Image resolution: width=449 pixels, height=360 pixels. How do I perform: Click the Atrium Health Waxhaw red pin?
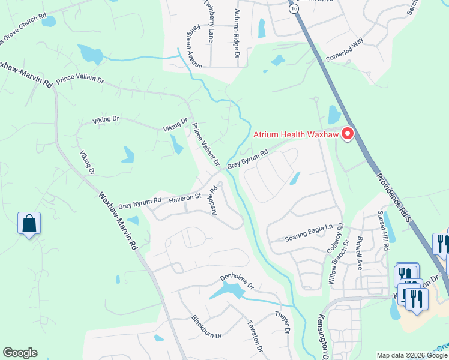(x=346, y=134)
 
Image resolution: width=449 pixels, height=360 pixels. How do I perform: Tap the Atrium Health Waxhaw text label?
(x=296, y=134)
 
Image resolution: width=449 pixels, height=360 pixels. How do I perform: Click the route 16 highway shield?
(x=293, y=9)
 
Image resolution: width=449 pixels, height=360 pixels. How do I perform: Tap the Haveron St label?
(x=185, y=197)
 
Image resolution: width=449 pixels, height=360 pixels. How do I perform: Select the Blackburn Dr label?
(x=206, y=327)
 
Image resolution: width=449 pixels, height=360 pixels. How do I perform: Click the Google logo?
(x=20, y=353)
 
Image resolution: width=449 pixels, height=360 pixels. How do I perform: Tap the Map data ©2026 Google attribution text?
(x=412, y=355)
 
